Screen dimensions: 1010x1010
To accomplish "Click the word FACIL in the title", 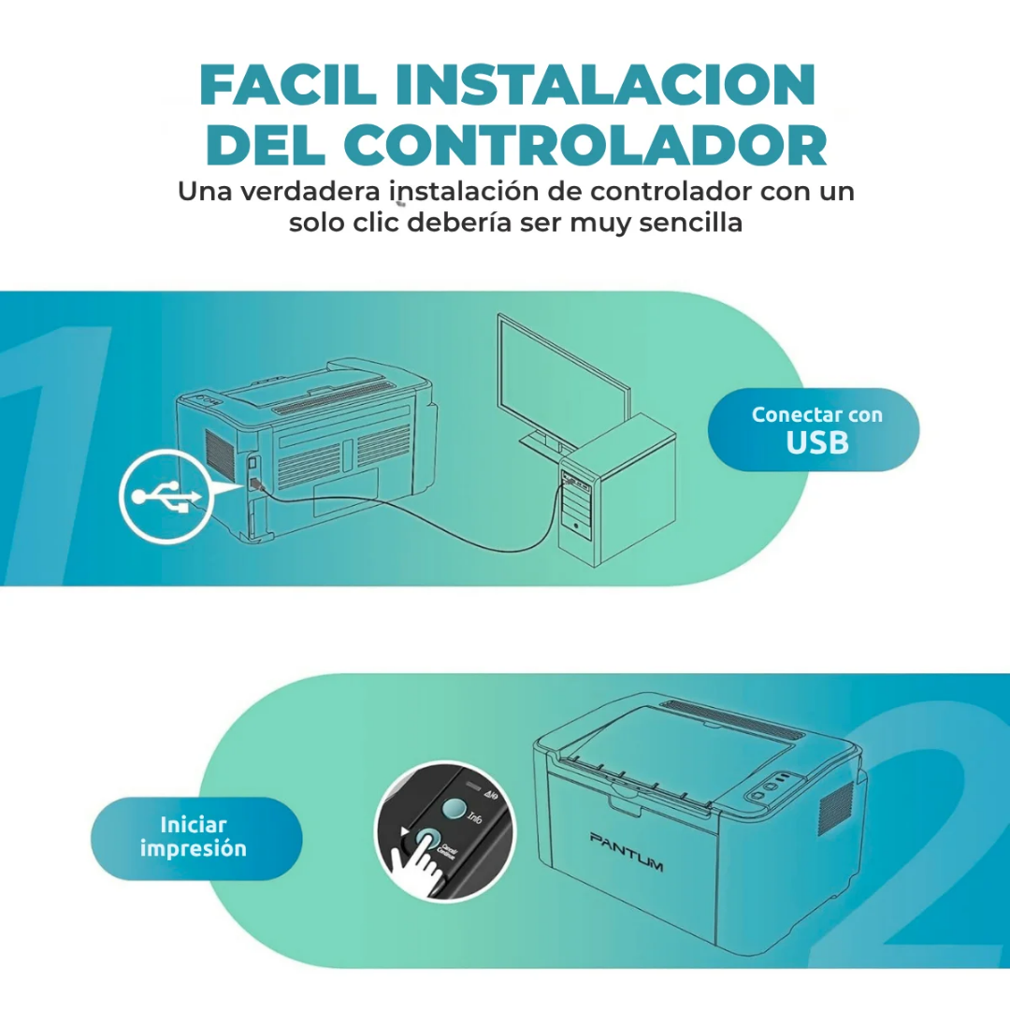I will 286,86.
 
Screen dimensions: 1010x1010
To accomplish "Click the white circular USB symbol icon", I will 166,496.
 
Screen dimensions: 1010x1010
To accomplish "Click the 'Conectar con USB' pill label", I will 815,430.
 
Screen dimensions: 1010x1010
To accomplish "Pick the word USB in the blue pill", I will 817,443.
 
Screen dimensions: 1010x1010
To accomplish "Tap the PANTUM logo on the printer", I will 627,850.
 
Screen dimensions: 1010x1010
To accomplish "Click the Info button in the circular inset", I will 454,809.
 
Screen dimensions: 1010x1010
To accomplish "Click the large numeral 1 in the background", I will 56,449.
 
